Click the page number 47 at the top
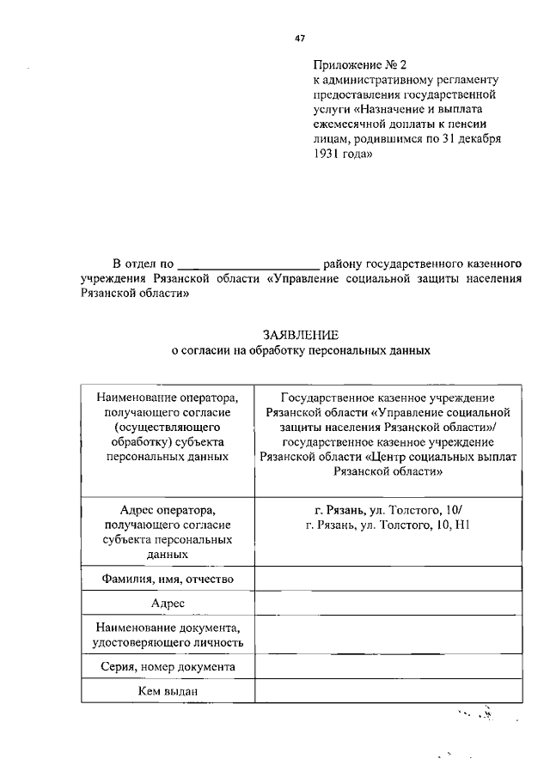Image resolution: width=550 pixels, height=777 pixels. click(x=300, y=38)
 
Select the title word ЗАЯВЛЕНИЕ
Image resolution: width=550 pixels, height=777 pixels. click(x=299, y=336)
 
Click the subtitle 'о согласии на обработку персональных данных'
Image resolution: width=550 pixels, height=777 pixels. click(x=299, y=351)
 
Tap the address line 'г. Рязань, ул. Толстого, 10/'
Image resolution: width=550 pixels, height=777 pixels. click(x=389, y=509)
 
